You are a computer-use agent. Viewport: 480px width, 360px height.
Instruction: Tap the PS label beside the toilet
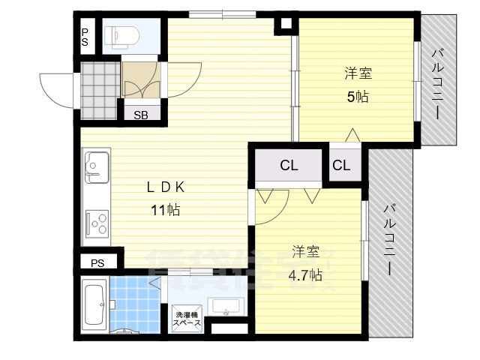click(x=85, y=37)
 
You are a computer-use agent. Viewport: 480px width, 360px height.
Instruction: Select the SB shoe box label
click(x=141, y=115)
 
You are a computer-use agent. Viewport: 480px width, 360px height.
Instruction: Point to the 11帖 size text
click(x=165, y=210)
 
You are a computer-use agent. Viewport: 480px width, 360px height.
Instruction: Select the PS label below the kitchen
click(x=97, y=262)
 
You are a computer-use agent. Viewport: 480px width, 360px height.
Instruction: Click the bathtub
click(x=94, y=305)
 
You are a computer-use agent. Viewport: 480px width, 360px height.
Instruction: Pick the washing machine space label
click(x=187, y=318)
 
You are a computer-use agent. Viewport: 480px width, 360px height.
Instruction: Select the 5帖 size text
click(x=358, y=96)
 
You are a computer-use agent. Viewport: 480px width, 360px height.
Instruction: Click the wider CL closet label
click(x=289, y=166)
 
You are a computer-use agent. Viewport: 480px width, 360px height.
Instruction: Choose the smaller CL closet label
click(x=341, y=166)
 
